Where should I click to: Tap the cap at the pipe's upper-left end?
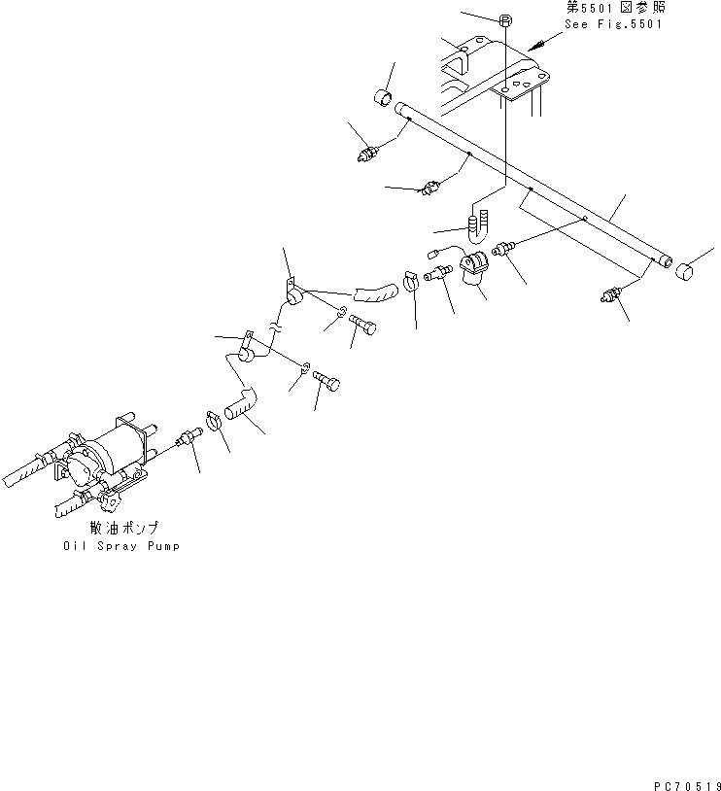pos(384,99)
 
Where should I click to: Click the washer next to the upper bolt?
pos(339,312)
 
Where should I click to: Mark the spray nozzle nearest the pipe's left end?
pos(370,152)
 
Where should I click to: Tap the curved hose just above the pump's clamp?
pos(243,401)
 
